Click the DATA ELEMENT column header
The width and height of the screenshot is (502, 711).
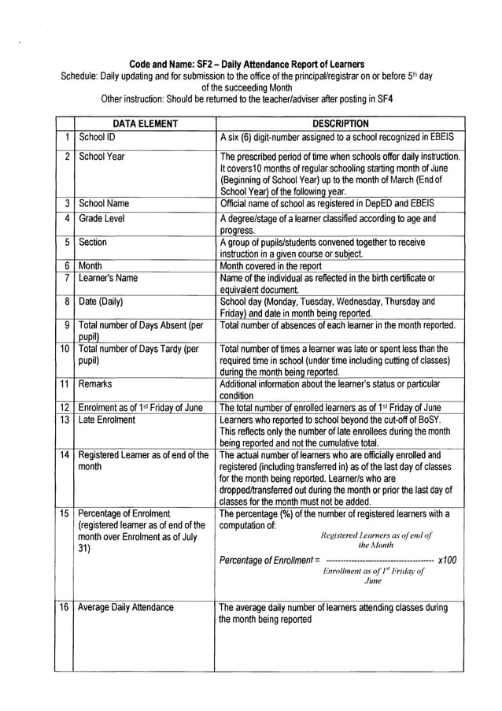click(144, 124)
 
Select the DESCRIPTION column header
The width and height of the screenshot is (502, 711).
click(340, 124)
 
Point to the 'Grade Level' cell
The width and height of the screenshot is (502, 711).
click(102, 218)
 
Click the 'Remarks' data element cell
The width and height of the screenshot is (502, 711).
click(95, 383)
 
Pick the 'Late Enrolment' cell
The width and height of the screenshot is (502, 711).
click(107, 420)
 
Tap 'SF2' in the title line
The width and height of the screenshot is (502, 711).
click(199, 63)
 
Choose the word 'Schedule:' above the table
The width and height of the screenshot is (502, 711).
click(82, 76)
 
